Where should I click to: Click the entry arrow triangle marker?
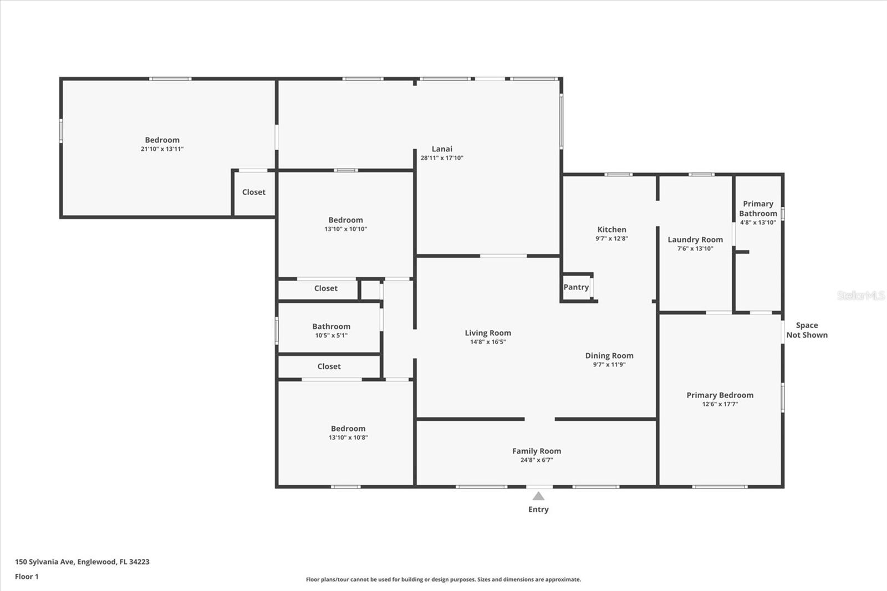tap(538, 496)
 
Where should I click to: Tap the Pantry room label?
tap(576, 287)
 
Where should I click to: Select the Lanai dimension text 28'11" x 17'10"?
tap(442, 157)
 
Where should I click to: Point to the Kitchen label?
tap(612, 230)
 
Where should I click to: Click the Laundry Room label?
tap(695, 240)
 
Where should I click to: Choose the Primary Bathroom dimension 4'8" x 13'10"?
tap(758, 222)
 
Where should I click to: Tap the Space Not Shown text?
tap(807, 330)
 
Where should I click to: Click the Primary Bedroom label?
tap(720, 395)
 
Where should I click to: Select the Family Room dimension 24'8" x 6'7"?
tap(537, 460)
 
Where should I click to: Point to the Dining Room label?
tap(609, 356)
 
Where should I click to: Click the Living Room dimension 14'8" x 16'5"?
tap(488, 342)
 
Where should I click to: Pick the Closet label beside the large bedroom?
tap(254, 192)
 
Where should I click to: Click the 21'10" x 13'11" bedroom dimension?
tap(162, 149)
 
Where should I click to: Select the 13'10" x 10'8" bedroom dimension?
tap(348, 437)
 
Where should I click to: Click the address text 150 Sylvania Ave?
tap(44, 562)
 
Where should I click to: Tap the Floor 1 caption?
tap(27, 577)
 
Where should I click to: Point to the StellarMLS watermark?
tap(861, 295)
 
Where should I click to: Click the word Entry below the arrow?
tap(538, 510)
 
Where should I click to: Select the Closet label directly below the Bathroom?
tap(329, 366)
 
